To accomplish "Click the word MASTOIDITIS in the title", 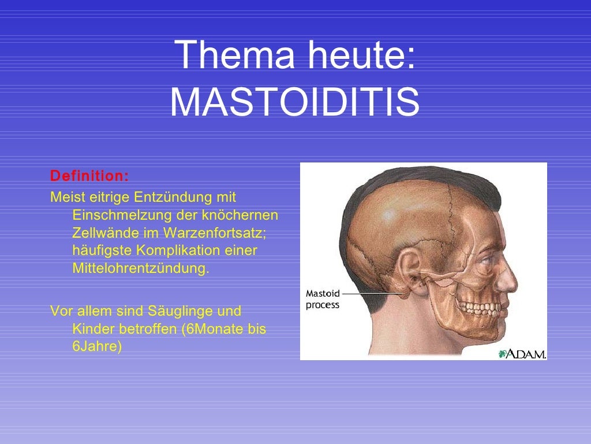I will pyautogui.click(x=295, y=102).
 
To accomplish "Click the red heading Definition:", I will pyautogui.click(x=89, y=175).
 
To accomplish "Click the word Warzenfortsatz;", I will pyautogui.click(x=214, y=234).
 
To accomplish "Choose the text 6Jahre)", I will pyautogui.click(x=97, y=347).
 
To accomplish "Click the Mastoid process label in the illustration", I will pyautogui.click(x=323, y=299).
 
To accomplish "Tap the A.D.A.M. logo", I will pyautogui.click(x=522, y=353).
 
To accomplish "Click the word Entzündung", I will pyautogui.click(x=173, y=198).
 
